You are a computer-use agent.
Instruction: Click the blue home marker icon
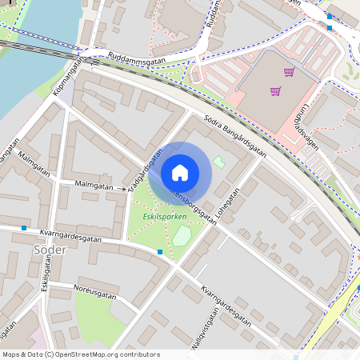click(180, 172)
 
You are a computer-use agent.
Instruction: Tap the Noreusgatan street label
click(94, 290)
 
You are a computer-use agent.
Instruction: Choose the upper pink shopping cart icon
click(288, 72)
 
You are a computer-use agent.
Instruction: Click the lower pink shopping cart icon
click(275, 91)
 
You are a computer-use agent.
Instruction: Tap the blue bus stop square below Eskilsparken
click(160, 252)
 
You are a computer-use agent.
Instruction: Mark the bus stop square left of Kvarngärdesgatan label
click(25, 228)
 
